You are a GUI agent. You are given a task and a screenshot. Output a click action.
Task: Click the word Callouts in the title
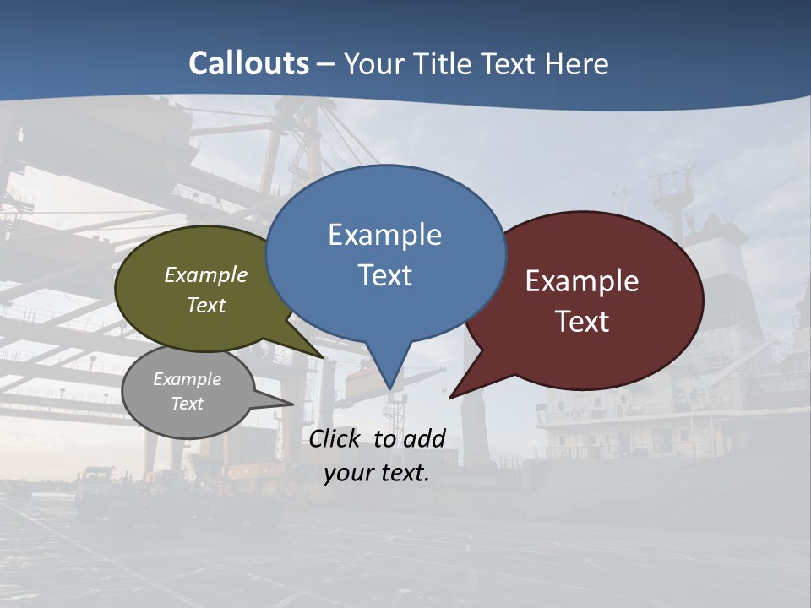tap(248, 63)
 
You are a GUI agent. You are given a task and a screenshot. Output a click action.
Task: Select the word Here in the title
tap(577, 63)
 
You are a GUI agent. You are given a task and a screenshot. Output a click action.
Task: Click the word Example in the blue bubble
tap(384, 235)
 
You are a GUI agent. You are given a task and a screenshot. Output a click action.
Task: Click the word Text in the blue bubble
tap(384, 275)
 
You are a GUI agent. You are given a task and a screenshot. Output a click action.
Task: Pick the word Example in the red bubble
tap(581, 281)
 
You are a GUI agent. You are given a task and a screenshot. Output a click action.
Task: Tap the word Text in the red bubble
tap(582, 322)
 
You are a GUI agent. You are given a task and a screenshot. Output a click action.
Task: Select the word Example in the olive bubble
tap(205, 275)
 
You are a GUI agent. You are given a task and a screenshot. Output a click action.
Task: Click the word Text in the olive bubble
tap(205, 306)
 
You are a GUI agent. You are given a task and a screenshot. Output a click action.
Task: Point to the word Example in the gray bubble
tap(187, 380)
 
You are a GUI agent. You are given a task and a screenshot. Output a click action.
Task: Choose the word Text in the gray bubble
tap(187, 404)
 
